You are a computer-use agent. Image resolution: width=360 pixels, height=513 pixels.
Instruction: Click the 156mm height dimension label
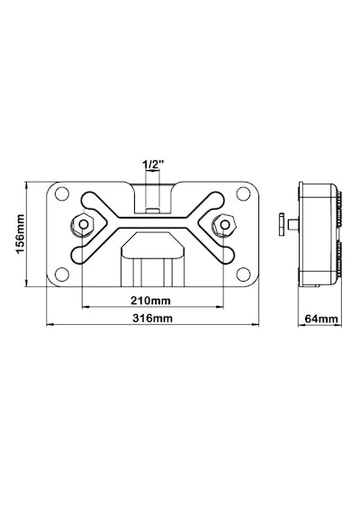[21, 234]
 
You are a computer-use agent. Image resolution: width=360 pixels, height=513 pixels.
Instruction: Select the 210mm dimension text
[150, 300]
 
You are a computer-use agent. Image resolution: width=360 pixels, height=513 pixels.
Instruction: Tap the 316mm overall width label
[152, 318]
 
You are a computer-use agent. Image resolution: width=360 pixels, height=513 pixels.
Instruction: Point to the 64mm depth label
[321, 319]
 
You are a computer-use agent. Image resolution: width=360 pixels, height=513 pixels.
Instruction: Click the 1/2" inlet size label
[153, 165]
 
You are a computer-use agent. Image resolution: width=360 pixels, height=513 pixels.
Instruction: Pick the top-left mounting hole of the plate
[62, 193]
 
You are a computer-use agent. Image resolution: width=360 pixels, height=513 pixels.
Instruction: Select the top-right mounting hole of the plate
[243, 193]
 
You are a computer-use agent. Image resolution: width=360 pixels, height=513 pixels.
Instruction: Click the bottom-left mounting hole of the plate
[62, 274]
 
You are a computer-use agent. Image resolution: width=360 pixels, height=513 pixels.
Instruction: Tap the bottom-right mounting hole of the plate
[243, 274]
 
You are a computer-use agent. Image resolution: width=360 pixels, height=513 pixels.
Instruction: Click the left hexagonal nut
[83, 225]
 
